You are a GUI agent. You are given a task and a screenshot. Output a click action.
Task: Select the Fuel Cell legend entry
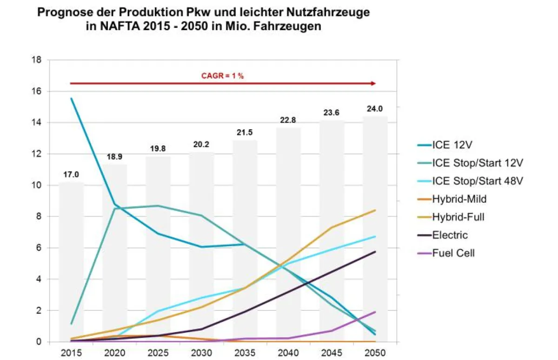[x=453, y=253]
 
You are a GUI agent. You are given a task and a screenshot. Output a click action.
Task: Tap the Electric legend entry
[x=450, y=235]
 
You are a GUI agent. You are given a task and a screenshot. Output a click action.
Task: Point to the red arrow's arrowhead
[x=373, y=83]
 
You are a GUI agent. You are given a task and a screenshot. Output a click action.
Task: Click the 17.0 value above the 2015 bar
[x=71, y=174]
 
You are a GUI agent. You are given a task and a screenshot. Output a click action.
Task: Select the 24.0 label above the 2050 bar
[x=375, y=109]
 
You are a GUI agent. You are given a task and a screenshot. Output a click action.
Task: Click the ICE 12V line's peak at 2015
[x=71, y=99]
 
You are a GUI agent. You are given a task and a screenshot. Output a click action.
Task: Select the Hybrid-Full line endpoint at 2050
[x=375, y=210]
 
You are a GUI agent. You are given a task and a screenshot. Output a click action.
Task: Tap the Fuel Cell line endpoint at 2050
[x=375, y=312]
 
